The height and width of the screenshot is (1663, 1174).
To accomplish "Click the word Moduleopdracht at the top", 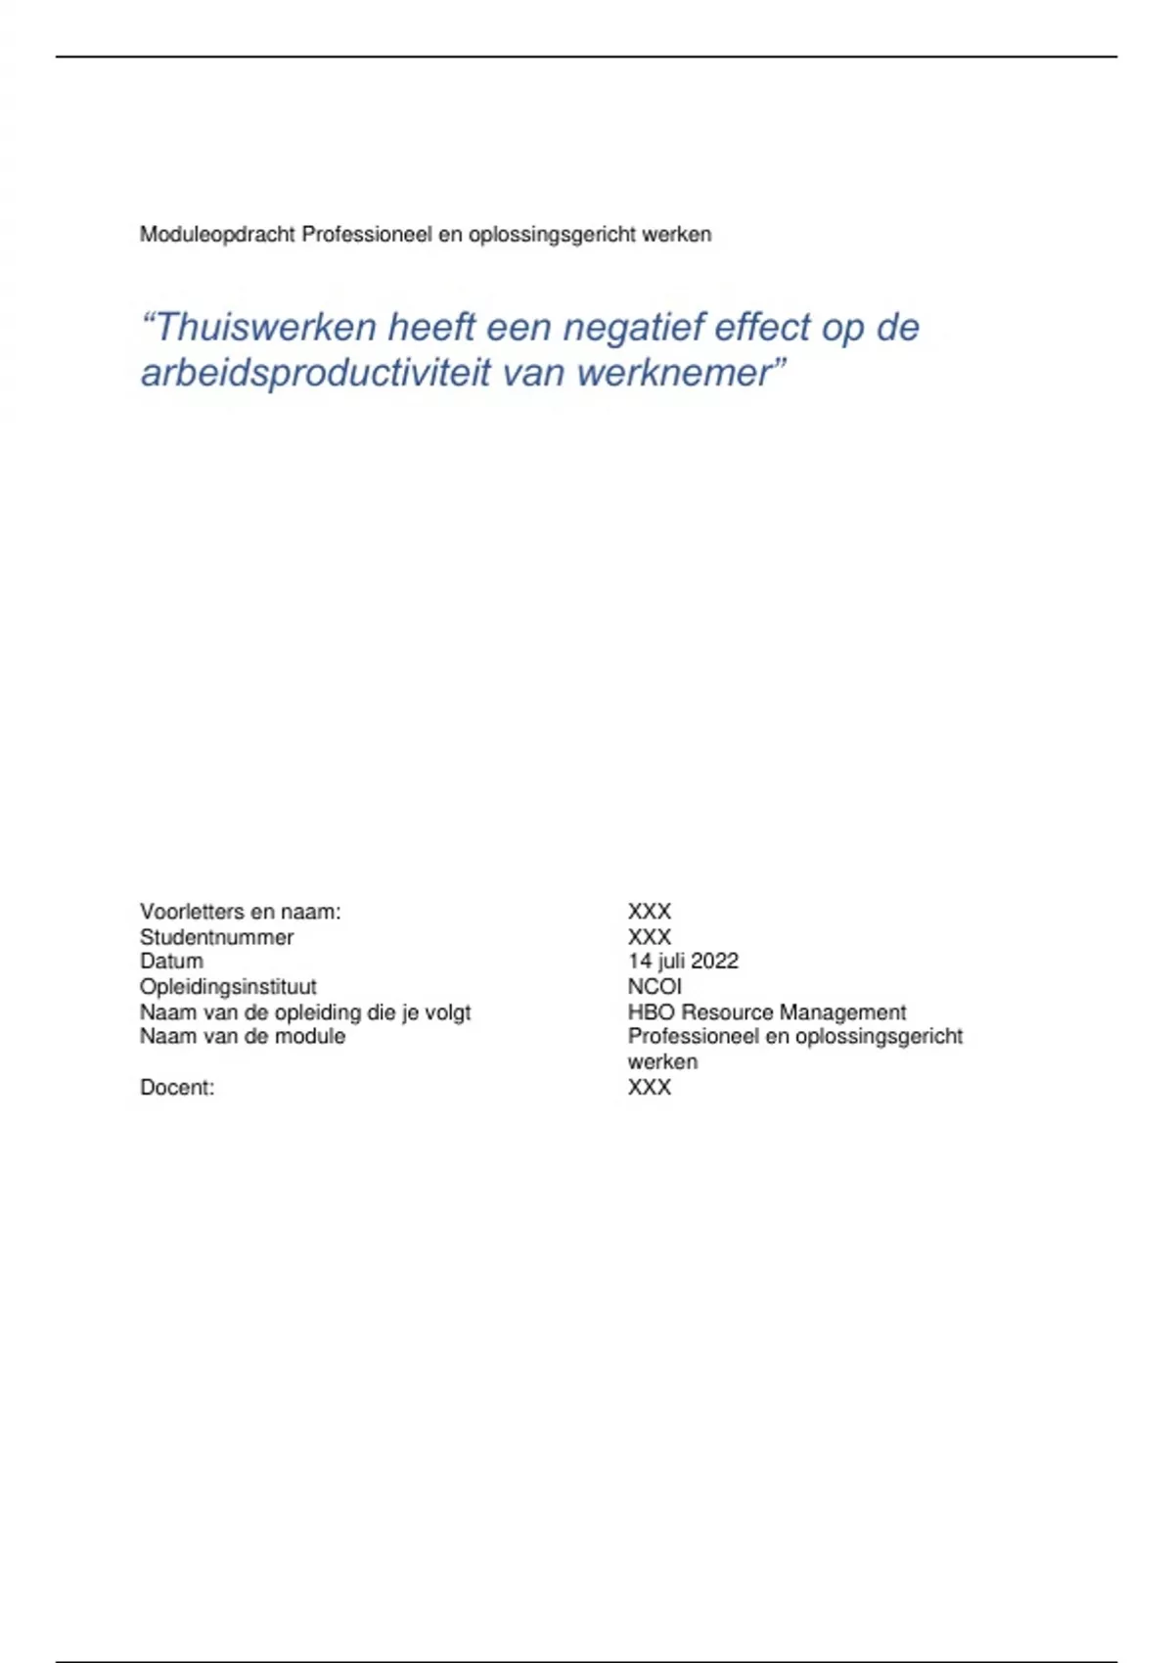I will pyautogui.click(x=217, y=235).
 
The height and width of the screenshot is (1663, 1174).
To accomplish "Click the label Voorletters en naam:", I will pyautogui.click(x=240, y=912).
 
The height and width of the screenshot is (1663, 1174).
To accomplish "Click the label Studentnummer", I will pyautogui.click(x=216, y=937).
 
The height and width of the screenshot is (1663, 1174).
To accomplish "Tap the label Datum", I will pyautogui.click(x=171, y=962).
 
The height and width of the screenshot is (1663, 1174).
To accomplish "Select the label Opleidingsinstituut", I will pyautogui.click(x=228, y=987).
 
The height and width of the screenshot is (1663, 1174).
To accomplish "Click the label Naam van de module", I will pyautogui.click(x=243, y=1037).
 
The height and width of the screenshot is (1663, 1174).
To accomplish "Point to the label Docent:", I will pyautogui.click(x=177, y=1088).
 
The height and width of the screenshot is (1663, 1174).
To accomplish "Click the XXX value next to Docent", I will pyautogui.click(x=650, y=1088).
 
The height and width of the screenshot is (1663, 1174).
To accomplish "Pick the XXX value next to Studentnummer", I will pyautogui.click(x=650, y=937).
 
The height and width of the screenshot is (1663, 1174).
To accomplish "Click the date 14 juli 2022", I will pyautogui.click(x=683, y=962).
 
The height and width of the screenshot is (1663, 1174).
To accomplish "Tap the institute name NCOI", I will pyautogui.click(x=655, y=987).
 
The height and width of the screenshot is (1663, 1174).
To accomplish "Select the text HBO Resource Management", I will pyautogui.click(x=767, y=1012).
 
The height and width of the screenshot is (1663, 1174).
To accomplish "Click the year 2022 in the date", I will pyautogui.click(x=714, y=962).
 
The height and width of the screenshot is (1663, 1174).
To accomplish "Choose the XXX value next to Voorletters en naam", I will pyautogui.click(x=650, y=912).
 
